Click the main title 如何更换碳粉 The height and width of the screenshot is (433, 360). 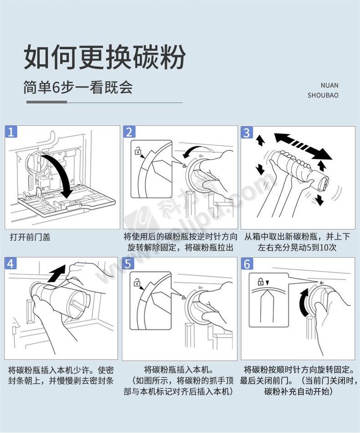(x=105, y=57)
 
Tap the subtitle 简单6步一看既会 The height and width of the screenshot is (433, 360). (x=78, y=88)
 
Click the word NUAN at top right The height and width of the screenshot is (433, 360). (x=329, y=85)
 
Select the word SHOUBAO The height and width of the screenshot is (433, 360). (x=323, y=95)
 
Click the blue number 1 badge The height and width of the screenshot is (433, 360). (x=11, y=132)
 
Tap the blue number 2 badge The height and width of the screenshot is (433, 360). (x=129, y=132)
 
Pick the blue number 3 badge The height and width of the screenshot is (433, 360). (x=247, y=132)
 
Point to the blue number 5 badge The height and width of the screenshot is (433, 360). (x=128, y=263)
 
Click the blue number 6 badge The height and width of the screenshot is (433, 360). (x=247, y=264)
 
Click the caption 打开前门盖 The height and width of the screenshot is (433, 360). (x=31, y=237)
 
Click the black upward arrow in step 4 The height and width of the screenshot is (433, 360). (x=57, y=273)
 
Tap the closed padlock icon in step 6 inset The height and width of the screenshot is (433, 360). (x=260, y=282)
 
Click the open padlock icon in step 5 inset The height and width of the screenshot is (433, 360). (x=137, y=283)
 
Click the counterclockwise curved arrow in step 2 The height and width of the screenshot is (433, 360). (x=195, y=151)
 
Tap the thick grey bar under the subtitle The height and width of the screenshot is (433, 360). (x=46, y=102)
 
